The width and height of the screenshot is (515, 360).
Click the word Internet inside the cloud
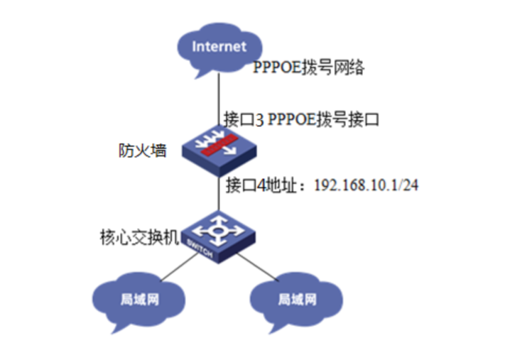(219, 47)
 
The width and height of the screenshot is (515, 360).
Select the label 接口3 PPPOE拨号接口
(300, 119)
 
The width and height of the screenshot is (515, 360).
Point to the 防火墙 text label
(142, 151)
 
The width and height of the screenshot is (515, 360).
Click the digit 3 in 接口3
(262, 119)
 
